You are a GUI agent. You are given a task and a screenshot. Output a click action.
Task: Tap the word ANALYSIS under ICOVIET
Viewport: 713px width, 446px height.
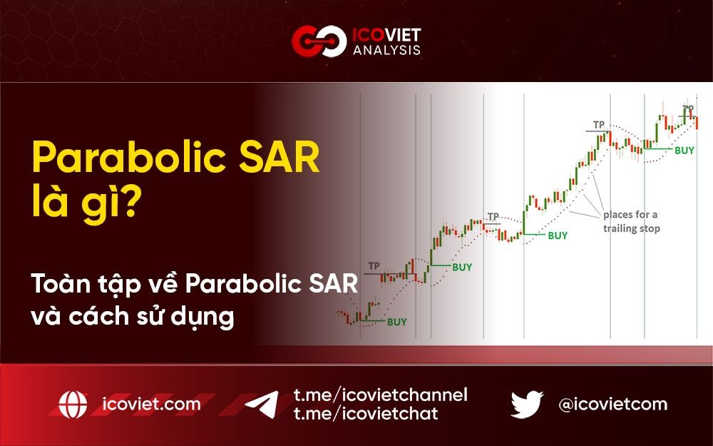(386, 51)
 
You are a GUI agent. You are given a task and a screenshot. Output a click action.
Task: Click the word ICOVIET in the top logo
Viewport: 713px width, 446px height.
(386, 33)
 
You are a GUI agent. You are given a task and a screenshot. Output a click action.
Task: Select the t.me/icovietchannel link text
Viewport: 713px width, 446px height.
(380, 395)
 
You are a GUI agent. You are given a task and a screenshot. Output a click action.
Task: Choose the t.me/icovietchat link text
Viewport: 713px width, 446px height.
(366, 413)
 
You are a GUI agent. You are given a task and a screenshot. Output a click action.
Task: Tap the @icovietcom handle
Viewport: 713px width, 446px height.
(613, 405)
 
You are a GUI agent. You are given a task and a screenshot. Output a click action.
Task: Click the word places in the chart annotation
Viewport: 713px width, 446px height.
(619, 215)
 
